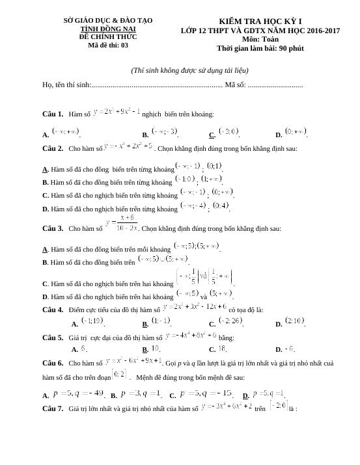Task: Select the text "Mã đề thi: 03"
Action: click(x=108, y=45)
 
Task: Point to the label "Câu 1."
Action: click(x=52, y=114)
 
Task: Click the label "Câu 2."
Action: click(x=52, y=148)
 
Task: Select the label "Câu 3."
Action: click(x=52, y=228)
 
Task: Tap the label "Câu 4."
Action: click(x=52, y=309)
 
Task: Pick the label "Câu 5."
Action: click(x=52, y=338)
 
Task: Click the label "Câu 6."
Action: click(x=52, y=362)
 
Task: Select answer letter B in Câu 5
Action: click(x=145, y=349)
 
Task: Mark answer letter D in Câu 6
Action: click(x=245, y=395)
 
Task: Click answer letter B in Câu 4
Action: click(x=145, y=323)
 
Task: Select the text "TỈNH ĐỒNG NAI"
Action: click(x=108, y=29)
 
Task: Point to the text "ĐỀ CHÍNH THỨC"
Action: click(x=108, y=37)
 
